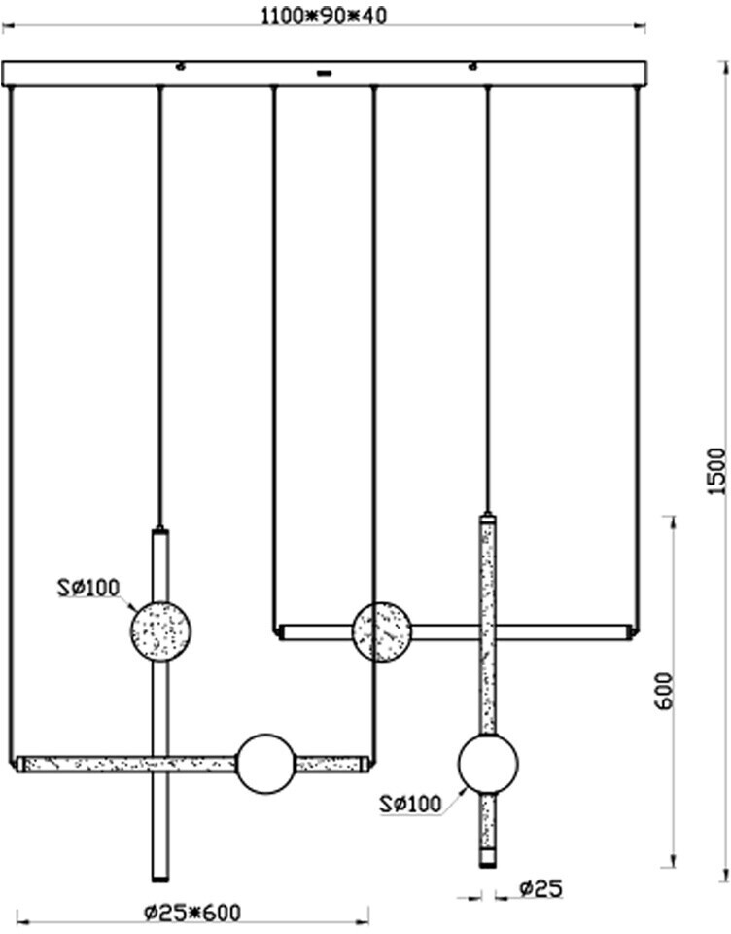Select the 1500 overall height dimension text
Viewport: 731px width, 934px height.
click(x=716, y=472)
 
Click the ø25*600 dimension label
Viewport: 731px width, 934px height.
click(x=191, y=913)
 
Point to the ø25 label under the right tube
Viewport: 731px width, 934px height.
click(x=540, y=888)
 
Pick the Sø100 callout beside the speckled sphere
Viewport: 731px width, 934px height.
click(x=87, y=587)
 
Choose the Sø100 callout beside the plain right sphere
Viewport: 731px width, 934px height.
click(x=410, y=804)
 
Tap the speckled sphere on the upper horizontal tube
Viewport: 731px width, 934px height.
click(x=381, y=631)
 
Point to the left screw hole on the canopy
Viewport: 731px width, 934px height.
click(x=180, y=67)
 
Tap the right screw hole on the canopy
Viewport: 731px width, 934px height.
click(x=473, y=67)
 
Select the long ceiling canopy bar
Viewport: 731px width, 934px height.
click(x=325, y=74)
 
